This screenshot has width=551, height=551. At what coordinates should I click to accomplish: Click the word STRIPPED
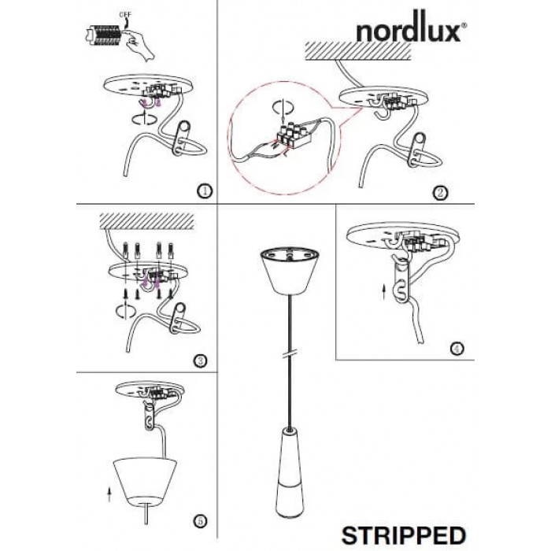(404, 535)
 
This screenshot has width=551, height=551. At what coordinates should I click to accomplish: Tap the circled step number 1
(205, 191)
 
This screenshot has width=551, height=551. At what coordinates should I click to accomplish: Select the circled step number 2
(441, 193)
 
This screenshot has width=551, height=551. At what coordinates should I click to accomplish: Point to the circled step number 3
(201, 361)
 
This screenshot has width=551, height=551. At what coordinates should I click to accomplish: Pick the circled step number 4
(457, 349)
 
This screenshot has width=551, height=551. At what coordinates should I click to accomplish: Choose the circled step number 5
(201, 521)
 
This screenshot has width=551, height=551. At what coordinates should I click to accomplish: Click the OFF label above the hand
(125, 15)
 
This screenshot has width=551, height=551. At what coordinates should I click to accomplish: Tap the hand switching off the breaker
(141, 45)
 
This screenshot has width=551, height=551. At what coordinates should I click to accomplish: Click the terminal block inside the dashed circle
(293, 135)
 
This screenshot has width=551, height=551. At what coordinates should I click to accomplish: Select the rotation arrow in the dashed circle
(281, 107)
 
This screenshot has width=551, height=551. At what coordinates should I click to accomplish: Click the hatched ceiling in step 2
(358, 51)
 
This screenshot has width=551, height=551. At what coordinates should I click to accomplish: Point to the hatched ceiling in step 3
(147, 221)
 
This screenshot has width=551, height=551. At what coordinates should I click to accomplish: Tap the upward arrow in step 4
(384, 293)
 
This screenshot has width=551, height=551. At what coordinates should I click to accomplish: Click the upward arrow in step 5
(109, 494)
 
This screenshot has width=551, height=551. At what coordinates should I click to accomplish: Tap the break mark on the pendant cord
(290, 353)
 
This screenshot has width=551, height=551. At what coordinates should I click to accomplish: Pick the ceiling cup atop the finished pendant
(290, 271)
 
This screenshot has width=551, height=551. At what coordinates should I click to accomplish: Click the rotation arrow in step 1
(144, 118)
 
